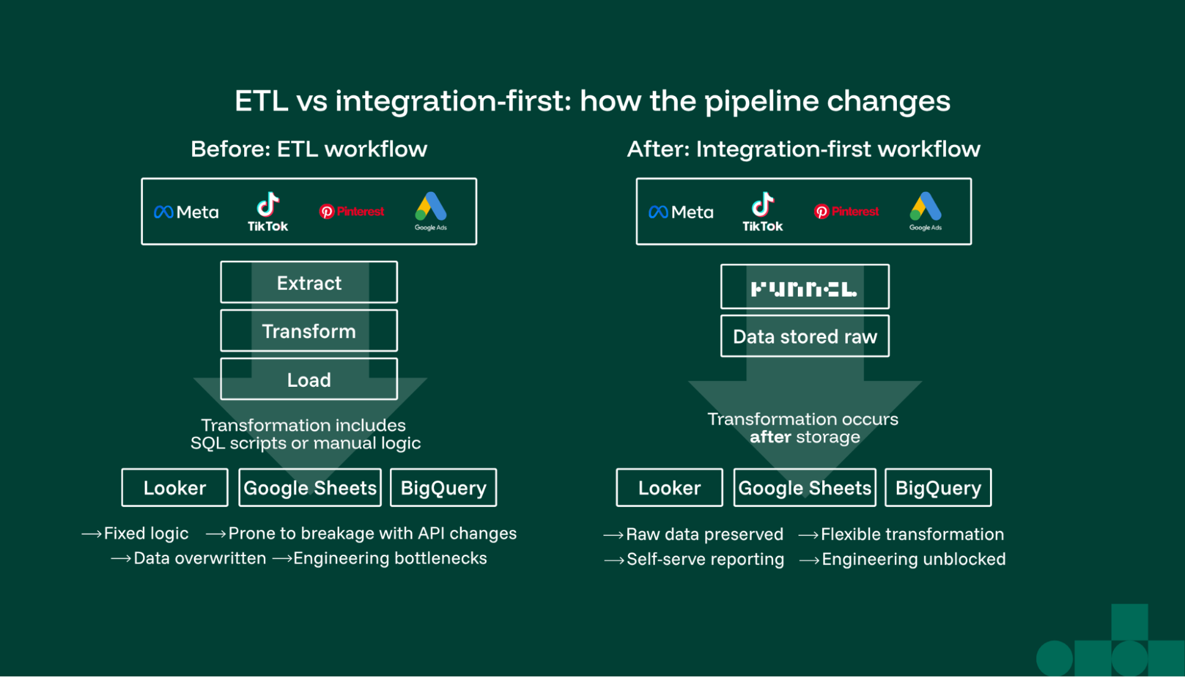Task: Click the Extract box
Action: [x=309, y=283]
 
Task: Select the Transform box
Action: [x=309, y=331]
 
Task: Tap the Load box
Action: [x=309, y=380]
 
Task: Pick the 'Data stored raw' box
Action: [x=804, y=336]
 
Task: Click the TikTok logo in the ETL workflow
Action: [x=268, y=211]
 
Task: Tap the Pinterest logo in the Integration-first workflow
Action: [x=847, y=211]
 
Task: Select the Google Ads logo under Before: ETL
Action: [x=431, y=210]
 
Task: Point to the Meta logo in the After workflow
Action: [x=681, y=212]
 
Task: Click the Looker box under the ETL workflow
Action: [x=175, y=487]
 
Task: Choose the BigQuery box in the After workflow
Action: [x=938, y=487]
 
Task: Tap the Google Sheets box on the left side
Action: [x=310, y=487]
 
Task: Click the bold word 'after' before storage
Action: [x=770, y=437]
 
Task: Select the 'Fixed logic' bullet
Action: [x=146, y=534]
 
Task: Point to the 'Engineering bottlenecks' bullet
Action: [x=389, y=559]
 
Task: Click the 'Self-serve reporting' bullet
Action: [x=705, y=559]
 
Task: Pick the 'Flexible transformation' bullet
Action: [x=912, y=534]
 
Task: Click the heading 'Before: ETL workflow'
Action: [x=309, y=149]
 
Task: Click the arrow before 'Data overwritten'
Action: [x=121, y=559]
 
